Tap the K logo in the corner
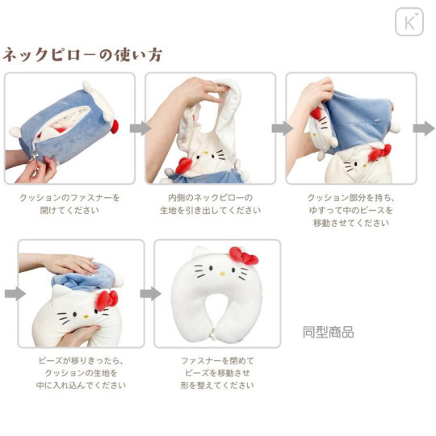(409, 22)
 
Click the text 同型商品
(328, 332)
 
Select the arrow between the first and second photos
(140, 128)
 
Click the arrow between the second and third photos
(282, 128)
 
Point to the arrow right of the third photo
(423, 128)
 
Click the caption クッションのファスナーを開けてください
(70, 203)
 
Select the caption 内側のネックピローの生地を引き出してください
(210, 203)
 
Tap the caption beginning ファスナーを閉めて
(218, 373)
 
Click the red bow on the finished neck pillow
(244, 256)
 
